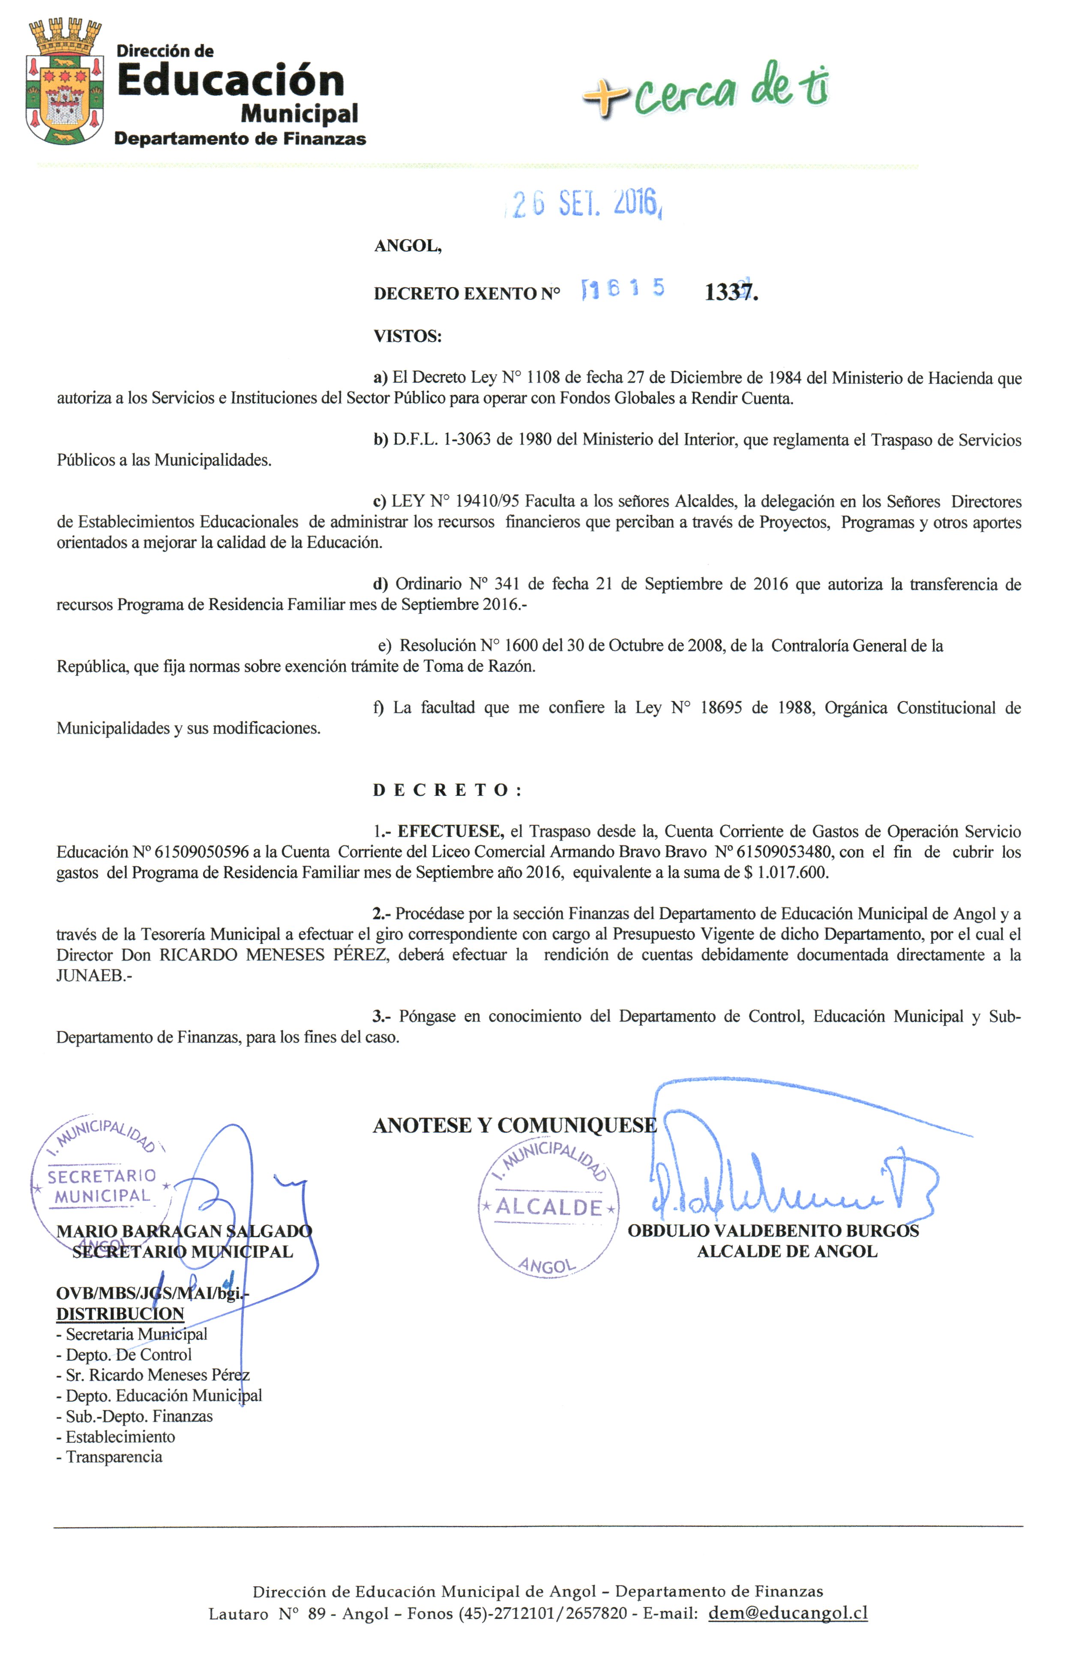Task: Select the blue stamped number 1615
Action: pyautogui.click(x=622, y=289)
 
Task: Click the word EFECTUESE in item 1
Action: pyautogui.click(x=450, y=832)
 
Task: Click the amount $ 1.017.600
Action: pyautogui.click(x=787, y=873)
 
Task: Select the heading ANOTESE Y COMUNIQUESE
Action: pyautogui.click(x=514, y=1126)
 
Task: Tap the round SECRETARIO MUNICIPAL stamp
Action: pyautogui.click(x=100, y=1185)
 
